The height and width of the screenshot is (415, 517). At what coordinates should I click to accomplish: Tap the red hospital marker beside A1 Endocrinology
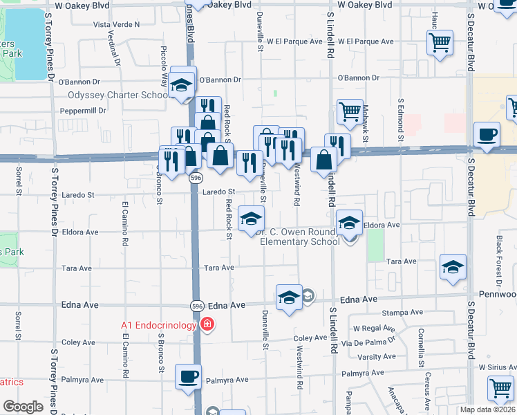click(x=207, y=324)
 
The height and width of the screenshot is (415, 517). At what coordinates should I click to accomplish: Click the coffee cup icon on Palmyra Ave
click(x=189, y=377)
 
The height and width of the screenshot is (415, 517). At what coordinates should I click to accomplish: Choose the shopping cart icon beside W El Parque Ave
click(x=440, y=44)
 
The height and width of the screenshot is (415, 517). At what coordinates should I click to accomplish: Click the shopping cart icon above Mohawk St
click(x=350, y=111)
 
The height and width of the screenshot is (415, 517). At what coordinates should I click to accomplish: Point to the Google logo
click(x=23, y=407)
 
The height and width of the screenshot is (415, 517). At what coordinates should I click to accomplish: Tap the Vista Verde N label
click(x=116, y=24)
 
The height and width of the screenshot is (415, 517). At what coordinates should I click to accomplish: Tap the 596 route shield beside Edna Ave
click(x=196, y=305)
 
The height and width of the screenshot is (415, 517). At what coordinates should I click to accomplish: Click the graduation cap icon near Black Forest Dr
click(x=453, y=268)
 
